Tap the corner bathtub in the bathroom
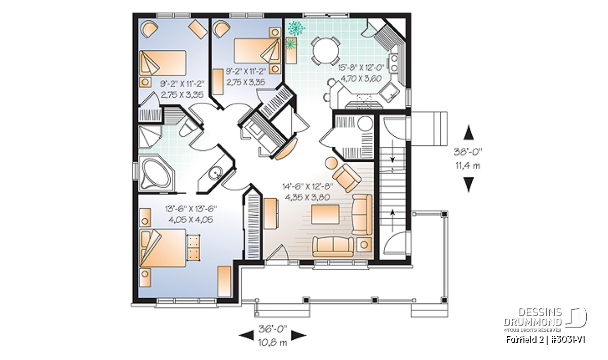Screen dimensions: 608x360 155,173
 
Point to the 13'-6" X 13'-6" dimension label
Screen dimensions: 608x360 191,209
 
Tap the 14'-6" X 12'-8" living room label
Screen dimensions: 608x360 308,187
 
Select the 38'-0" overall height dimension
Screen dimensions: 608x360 468,152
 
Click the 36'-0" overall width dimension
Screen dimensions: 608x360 273,329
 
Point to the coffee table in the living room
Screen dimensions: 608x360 325,215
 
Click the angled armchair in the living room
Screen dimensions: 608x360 347,178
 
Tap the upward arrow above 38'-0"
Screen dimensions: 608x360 469,132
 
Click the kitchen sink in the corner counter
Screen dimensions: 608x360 389,93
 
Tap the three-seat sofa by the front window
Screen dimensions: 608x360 333,247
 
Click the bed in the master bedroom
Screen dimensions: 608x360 163,248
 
